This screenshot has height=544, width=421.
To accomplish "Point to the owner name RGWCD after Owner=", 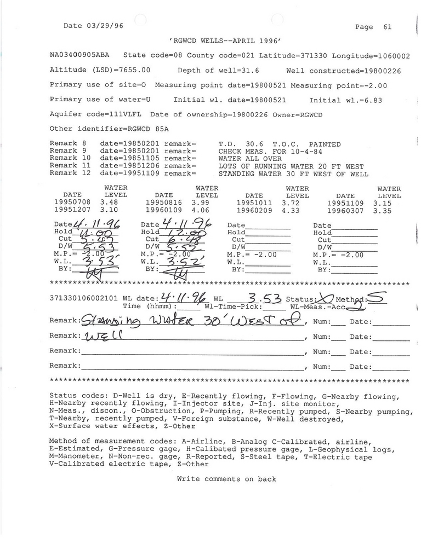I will pos(311,114).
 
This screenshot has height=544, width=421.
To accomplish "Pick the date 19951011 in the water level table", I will pos(254,202).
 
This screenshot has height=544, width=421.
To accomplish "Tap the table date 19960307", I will pos(345,210).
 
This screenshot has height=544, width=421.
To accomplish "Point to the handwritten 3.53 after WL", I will pos(264,299).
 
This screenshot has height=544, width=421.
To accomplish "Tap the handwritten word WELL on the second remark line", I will pos(101,336).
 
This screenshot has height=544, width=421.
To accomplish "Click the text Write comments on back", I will pos(226,479).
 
